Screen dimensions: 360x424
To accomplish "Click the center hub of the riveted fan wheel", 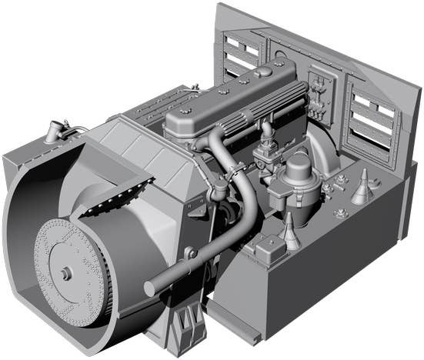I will pyautogui.click(x=65, y=272).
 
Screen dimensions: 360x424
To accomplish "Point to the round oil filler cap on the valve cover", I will pyautogui.click(x=263, y=72).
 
